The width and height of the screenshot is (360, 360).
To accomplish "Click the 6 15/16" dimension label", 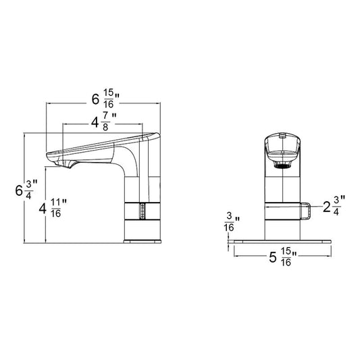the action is point(105,99).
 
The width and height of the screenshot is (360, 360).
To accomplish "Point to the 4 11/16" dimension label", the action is point(53,208).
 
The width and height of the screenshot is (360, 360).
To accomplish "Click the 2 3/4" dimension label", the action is point(334,205).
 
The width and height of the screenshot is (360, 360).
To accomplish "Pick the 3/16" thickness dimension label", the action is point(232,222).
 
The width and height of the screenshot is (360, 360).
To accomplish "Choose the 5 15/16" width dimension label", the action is point(283,257).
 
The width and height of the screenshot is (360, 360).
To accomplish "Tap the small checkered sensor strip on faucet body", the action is point(143,211).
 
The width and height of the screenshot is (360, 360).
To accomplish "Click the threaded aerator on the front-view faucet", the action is point(282,164).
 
